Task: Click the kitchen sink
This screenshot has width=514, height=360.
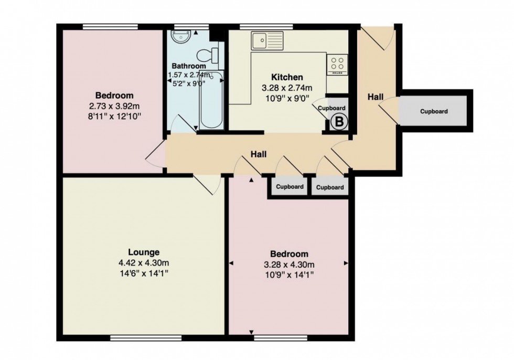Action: [266, 39]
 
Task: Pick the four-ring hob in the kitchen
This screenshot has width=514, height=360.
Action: [337, 65]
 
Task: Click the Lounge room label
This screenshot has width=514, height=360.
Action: [143, 252]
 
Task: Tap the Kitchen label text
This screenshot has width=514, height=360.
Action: [286, 78]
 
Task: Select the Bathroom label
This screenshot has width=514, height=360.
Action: [188, 66]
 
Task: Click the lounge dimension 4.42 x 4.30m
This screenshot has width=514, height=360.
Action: [143, 263]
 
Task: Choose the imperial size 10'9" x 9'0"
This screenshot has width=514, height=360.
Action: [286, 97]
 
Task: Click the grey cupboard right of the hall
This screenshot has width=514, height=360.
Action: [434, 111]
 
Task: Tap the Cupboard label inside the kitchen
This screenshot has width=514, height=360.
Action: [332, 108]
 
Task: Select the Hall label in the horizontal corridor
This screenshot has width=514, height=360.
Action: [258, 154]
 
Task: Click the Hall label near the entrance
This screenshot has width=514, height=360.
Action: [374, 97]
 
